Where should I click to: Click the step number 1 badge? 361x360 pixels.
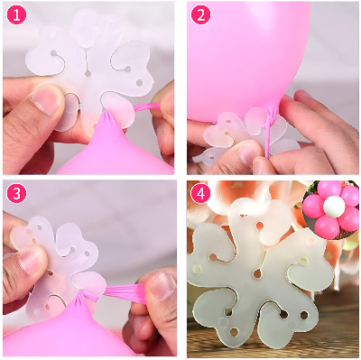pos(16,15)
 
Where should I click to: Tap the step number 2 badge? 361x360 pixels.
pos(201,15)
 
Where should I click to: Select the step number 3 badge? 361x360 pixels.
pos(16,195)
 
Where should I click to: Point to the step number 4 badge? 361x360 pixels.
pos(201,195)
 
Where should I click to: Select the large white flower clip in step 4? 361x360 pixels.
pos(253,271)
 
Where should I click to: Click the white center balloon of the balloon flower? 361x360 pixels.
pos(330,205)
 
